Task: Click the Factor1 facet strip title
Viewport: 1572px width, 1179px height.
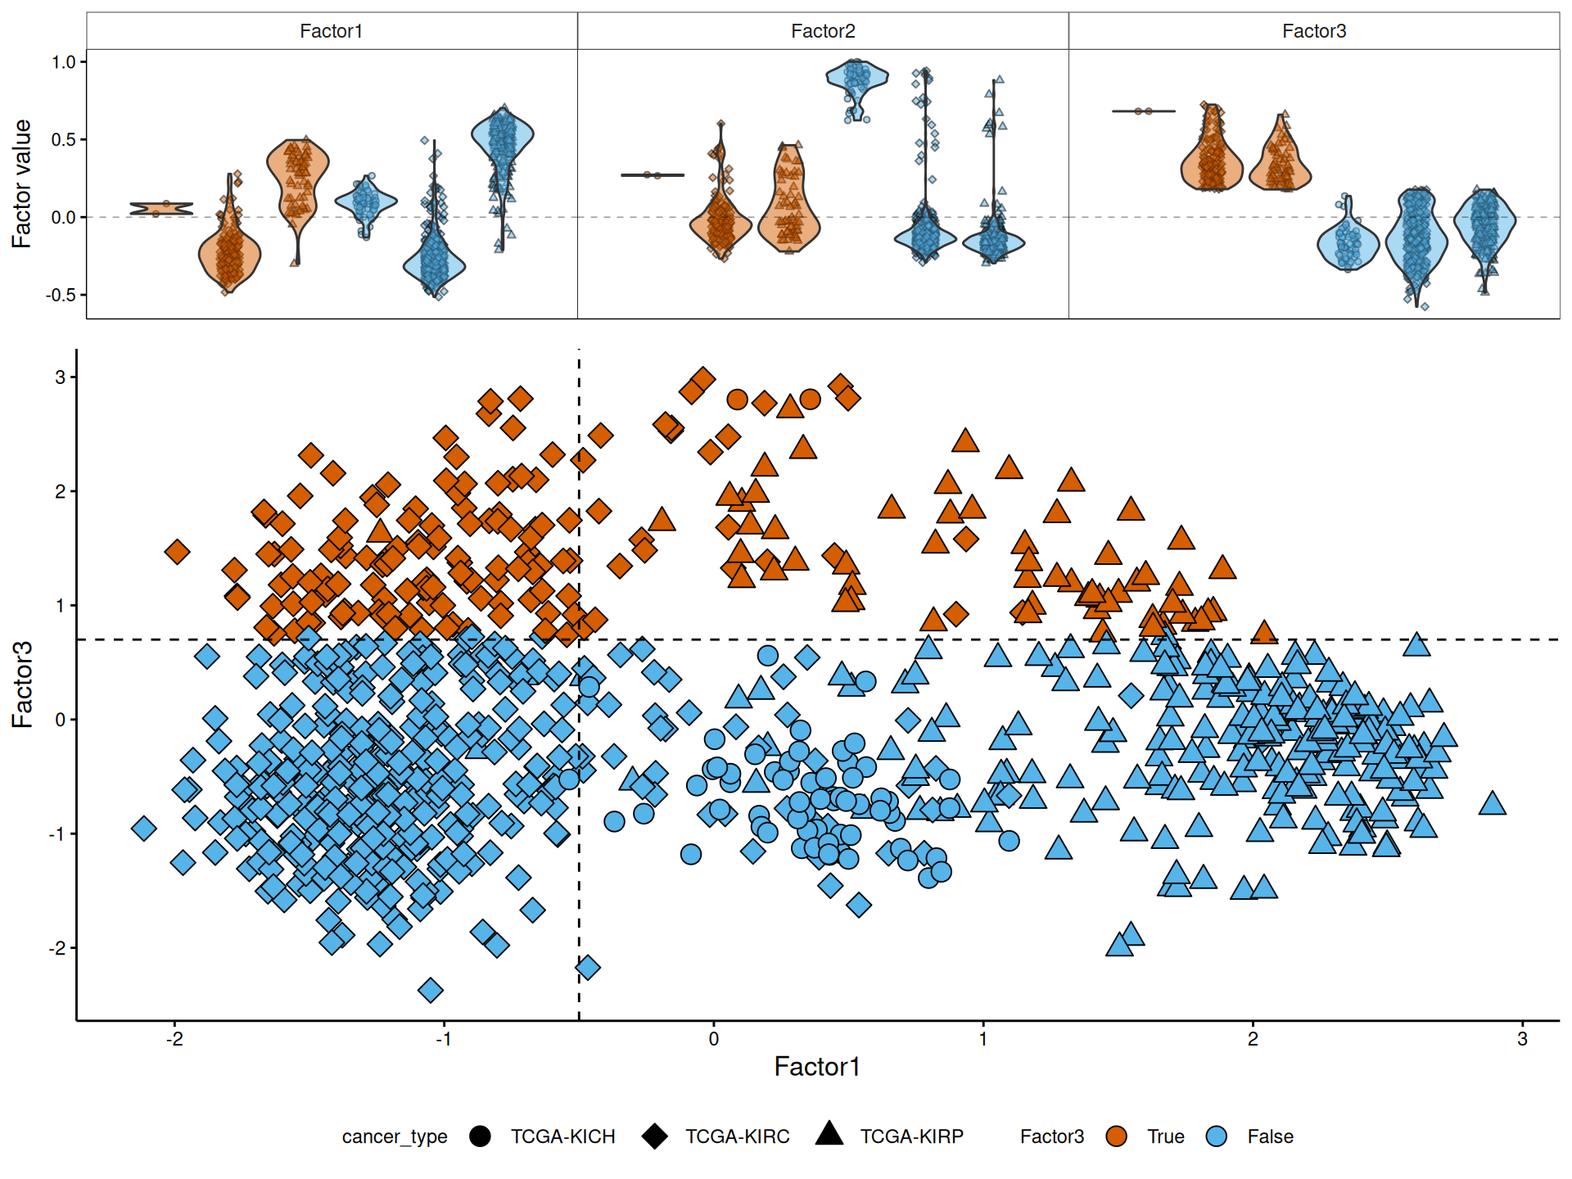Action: tap(331, 31)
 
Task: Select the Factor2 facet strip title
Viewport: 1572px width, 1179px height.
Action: tap(823, 31)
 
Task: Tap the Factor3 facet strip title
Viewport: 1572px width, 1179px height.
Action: tap(1314, 31)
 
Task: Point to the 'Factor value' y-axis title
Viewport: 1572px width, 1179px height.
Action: tap(21, 183)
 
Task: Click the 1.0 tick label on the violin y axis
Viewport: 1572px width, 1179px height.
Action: tap(63, 62)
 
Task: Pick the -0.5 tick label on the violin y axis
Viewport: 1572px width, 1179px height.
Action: tap(61, 295)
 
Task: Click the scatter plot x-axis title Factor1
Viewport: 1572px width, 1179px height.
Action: tap(817, 1066)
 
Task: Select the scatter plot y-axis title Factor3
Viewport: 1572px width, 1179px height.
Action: tap(22, 684)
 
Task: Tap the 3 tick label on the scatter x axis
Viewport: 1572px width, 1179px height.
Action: tap(1522, 1039)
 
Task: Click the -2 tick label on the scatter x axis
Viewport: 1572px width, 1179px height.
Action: tap(174, 1039)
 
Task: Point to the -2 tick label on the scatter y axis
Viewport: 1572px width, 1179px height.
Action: tap(56, 948)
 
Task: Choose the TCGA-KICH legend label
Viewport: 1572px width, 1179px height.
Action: tap(562, 1136)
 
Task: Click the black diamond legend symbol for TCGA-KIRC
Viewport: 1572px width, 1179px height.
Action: tap(655, 1136)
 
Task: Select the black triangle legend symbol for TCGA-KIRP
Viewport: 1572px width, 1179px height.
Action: tap(829, 1134)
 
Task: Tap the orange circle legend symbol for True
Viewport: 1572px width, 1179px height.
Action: tap(1116, 1136)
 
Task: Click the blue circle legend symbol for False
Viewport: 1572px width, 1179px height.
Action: tap(1217, 1136)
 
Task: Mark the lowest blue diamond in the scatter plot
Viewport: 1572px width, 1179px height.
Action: tap(431, 991)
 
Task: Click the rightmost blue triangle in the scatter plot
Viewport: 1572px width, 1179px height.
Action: tap(1493, 804)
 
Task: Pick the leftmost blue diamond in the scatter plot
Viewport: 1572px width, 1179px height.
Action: tap(144, 829)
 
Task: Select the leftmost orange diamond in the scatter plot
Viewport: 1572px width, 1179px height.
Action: tap(177, 552)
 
